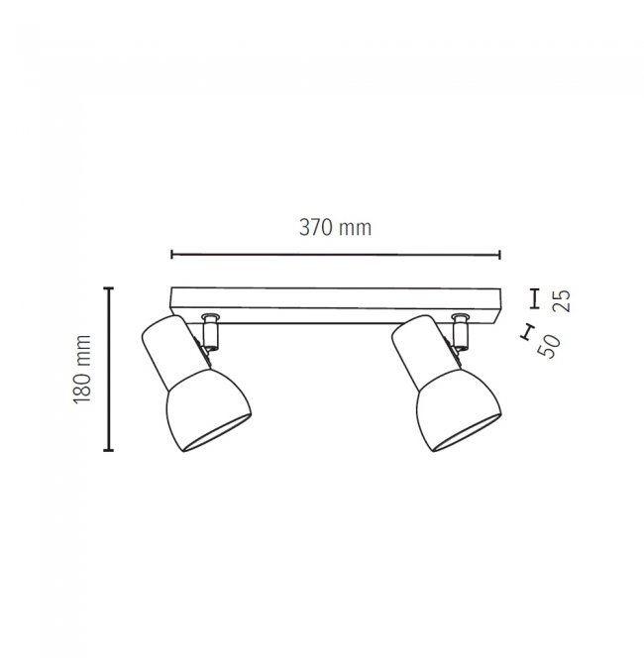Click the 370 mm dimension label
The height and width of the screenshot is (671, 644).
(x=335, y=227)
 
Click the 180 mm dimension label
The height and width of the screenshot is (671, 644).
(x=82, y=369)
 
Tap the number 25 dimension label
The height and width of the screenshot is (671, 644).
(x=562, y=301)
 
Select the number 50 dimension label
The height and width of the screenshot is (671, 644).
(x=550, y=346)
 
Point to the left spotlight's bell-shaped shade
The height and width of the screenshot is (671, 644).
(x=207, y=410)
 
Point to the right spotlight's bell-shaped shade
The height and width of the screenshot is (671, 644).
(x=458, y=410)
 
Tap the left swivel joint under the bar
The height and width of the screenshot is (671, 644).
(x=210, y=333)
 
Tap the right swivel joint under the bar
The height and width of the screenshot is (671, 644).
(x=461, y=333)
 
